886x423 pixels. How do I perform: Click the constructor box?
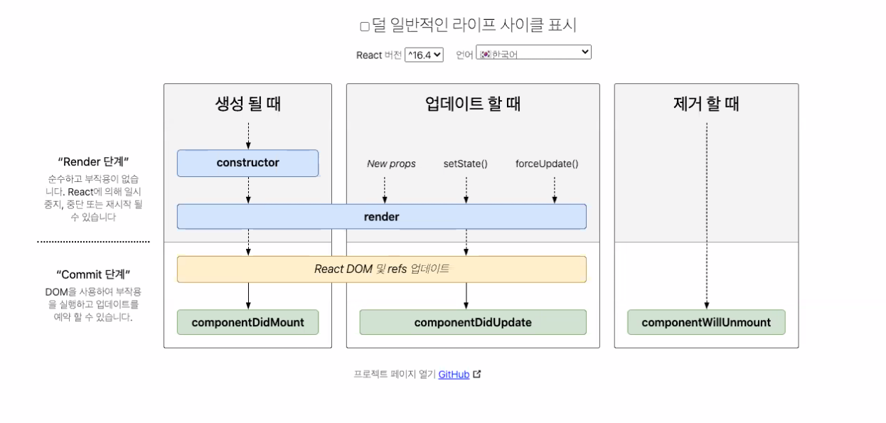coord(247,163)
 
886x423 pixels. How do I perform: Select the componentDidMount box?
coord(247,322)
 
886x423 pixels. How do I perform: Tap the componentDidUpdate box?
coord(473,322)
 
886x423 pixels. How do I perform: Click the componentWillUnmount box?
coord(706,322)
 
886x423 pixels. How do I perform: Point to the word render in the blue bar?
coord(381,217)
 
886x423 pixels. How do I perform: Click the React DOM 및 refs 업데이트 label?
coord(381,269)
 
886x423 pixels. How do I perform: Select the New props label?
coord(391,164)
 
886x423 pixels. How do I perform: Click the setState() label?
coord(465,164)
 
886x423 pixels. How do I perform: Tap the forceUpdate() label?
coord(547,164)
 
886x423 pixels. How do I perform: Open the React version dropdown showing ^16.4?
coord(424,55)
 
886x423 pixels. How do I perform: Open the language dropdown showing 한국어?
coord(533,53)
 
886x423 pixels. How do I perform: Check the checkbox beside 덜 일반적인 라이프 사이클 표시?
coord(365,27)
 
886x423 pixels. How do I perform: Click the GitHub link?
coord(454,374)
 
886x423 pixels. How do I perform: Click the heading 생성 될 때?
coord(247,104)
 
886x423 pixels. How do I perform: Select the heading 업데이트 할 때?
coord(473,104)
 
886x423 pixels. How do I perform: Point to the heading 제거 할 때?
coord(706,104)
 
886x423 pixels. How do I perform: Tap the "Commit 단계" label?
coord(93,274)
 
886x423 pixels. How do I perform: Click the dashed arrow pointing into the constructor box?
coord(248,135)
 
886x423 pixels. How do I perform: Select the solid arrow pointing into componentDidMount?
coord(248,296)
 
